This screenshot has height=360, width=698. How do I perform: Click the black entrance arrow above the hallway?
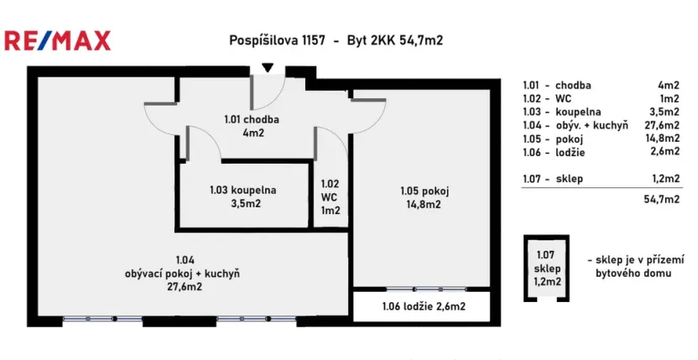pos(267,68)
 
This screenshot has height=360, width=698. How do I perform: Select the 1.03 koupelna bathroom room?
pos(243,196)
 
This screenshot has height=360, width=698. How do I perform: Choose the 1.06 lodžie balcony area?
pos(423,306)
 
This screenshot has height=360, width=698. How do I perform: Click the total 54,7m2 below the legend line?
pos(659,200)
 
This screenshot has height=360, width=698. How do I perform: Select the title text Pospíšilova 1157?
pos(271,40)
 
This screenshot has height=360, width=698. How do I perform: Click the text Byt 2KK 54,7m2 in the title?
pos(394,40)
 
